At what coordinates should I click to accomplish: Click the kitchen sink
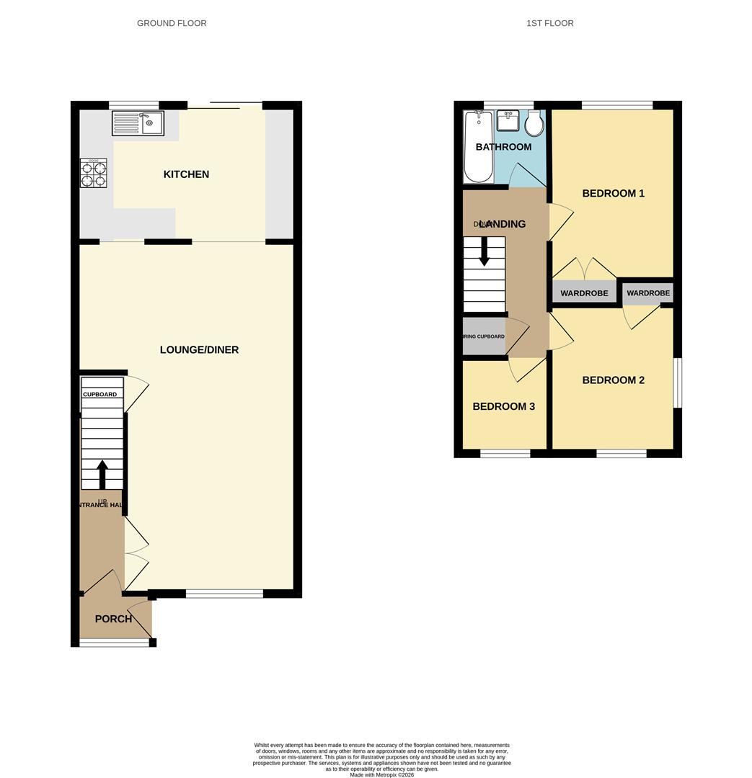[x=138, y=123]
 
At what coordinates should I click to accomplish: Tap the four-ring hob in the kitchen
[x=93, y=173]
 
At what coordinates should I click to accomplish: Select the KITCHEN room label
[x=186, y=174]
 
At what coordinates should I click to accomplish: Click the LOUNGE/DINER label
[x=199, y=350]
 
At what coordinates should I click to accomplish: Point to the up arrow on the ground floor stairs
[x=102, y=474]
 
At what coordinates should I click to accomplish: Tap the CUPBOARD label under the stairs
[x=99, y=395]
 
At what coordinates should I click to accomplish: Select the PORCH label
[x=113, y=619]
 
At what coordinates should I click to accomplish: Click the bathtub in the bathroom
[x=477, y=147]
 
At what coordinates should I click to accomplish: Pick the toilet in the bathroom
[x=534, y=124]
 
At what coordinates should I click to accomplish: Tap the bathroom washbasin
[x=508, y=120]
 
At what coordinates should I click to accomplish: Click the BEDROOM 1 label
[x=613, y=193]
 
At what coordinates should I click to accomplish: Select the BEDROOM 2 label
[x=613, y=380]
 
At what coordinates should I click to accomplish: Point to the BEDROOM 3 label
[x=503, y=406]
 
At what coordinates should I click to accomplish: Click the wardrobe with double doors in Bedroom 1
[x=584, y=293]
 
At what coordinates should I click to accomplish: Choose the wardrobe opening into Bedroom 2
[x=648, y=293]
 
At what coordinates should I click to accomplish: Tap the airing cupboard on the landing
[x=484, y=336]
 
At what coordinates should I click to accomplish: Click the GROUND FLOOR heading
[x=172, y=23]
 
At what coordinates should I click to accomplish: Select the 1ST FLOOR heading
[x=549, y=23]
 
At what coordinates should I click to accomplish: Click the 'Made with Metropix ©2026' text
[x=382, y=774]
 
